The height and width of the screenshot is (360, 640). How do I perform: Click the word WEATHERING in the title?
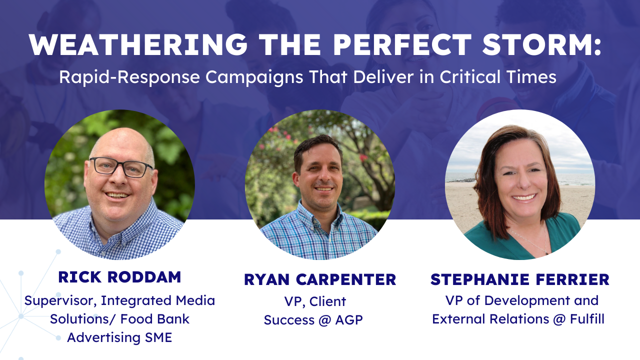click(138, 45)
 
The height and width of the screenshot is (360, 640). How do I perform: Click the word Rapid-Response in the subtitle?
click(129, 77)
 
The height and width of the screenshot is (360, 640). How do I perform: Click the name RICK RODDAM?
click(119, 277)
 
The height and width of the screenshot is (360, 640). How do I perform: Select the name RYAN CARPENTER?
click(320, 279)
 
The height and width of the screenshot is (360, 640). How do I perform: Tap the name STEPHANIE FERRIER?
click(519, 279)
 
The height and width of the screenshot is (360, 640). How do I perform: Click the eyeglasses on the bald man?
click(121, 167)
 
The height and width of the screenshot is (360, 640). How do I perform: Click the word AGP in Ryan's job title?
click(349, 320)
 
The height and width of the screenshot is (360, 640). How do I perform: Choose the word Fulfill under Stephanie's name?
click(587, 319)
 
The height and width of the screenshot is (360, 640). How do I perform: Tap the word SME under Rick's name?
click(158, 337)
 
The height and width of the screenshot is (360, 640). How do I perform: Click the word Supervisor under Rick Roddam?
click(60, 301)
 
